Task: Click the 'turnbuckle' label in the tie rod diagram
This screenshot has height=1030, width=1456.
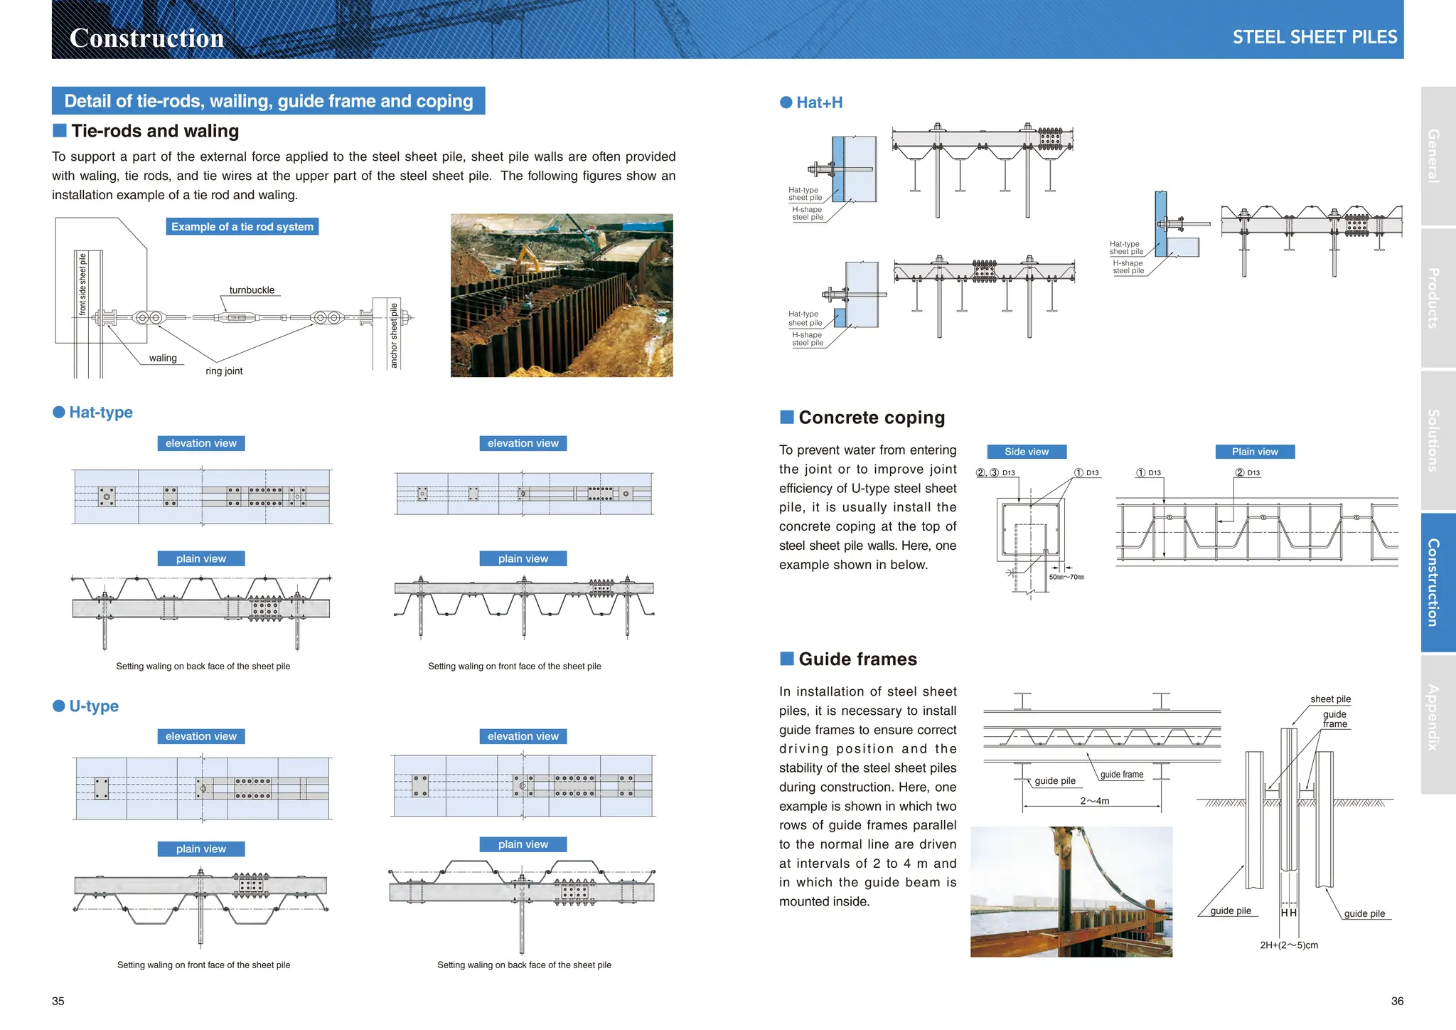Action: tap(252, 290)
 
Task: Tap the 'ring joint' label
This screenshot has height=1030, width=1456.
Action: tap(224, 371)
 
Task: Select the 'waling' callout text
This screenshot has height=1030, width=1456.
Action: tap(163, 359)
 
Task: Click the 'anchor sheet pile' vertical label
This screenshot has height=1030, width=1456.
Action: tap(394, 335)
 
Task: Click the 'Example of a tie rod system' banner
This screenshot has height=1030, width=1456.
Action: tap(242, 227)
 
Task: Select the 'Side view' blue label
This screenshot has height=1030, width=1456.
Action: tap(1026, 452)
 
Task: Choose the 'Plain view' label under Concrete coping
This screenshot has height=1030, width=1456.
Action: tap(1254, 452)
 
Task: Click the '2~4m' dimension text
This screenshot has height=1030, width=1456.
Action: tap(1094, 801)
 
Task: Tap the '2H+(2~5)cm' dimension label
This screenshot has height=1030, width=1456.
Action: tap(1288, 945)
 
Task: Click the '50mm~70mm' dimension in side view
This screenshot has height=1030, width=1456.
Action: tap(1066, 577)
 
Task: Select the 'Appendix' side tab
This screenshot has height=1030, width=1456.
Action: tap(1433, 717)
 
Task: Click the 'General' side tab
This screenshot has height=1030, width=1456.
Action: tap(1433, 156)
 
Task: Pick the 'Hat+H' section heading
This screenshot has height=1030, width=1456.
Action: tap(819, 102)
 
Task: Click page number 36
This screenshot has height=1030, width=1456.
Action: tap(1396, 1001)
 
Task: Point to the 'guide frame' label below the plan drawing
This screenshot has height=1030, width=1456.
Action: tap(1121, 775)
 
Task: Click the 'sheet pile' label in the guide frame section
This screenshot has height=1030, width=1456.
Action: tap(1330, 699)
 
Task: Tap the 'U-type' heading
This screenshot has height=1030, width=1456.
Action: tap(93, 706)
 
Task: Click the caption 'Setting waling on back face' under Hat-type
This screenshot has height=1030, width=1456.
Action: tap(203, 667)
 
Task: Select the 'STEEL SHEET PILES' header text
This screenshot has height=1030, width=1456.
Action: tap(1314, 37)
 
